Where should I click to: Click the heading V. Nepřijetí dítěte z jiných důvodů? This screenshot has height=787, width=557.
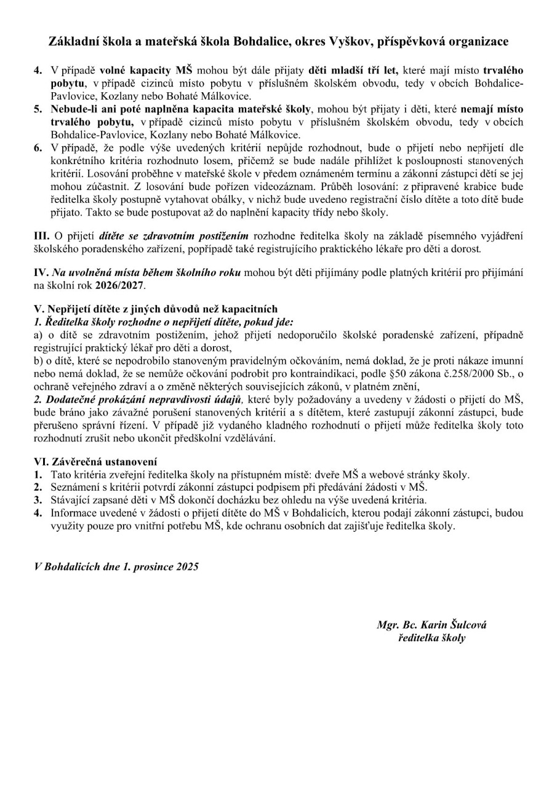point(156,309)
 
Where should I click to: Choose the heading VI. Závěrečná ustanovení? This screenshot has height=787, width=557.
point(95,461)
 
